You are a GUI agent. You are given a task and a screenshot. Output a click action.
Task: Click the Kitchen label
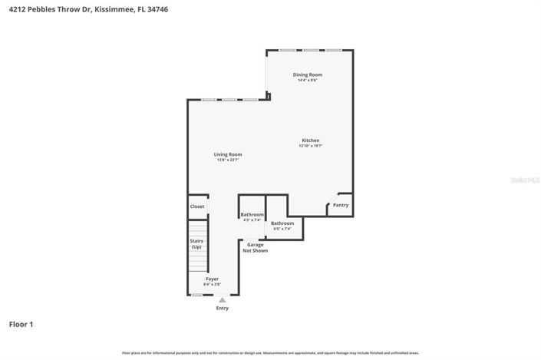pos(310,140)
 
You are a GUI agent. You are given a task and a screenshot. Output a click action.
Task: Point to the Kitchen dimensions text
pos(310,146)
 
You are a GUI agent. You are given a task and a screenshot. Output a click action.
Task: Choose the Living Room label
pos(227,154)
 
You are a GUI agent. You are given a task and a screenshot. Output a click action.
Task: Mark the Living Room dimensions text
pos(227,160)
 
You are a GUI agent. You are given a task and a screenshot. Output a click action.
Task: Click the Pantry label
pos(341,205)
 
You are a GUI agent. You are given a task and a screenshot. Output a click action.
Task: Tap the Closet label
pos(197,206)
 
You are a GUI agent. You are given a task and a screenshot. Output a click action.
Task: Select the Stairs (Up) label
pos(196,243)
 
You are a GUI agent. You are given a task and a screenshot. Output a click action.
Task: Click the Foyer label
pos(212,279)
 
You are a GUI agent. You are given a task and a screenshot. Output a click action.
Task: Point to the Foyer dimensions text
pos(212,284)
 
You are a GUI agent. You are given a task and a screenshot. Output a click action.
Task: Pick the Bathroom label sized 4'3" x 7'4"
pos(252,214)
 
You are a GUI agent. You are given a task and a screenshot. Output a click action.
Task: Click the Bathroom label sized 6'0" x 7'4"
pos(282,223)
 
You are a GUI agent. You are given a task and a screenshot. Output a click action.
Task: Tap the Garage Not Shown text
pos(255,247)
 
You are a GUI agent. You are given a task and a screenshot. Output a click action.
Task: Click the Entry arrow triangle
pos(223,299)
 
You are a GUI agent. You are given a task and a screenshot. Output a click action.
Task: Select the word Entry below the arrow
pos(223,308)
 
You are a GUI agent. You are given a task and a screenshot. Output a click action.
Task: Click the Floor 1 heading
pos(21,325)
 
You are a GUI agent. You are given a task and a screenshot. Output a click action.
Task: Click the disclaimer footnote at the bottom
pos(270,352)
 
